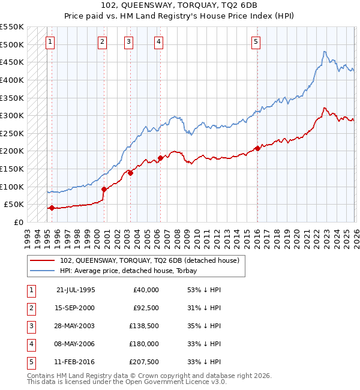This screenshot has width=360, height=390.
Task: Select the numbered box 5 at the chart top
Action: coord(256,42)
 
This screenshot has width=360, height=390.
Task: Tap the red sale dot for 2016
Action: coord(257,148)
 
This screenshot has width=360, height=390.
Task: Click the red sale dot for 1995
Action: coord(52,208)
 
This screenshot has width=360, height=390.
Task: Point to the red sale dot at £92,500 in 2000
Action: coord(104,189)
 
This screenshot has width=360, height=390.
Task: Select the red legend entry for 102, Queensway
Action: coord(149,260)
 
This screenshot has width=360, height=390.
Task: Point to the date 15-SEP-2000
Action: coord(75,307)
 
